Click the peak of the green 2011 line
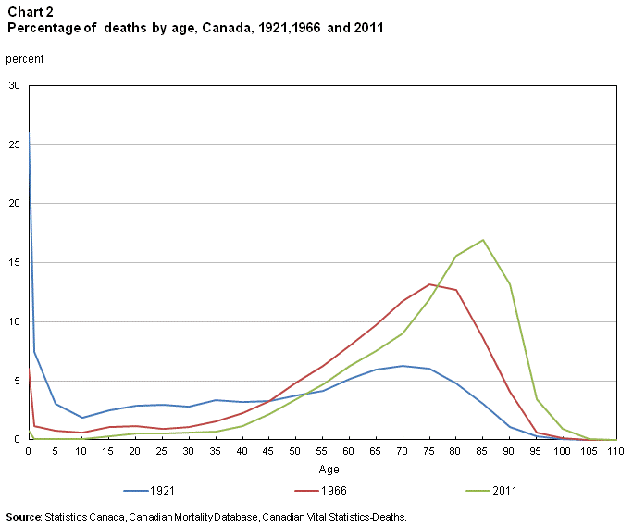482,240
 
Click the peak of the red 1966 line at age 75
428,284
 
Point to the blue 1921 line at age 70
402,366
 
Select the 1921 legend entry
148,491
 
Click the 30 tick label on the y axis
14,85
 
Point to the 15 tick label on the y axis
14,263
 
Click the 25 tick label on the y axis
14,144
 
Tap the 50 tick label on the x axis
295,451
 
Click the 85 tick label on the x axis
482,451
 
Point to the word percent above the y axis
25,59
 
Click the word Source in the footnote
23,516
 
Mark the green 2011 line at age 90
509,283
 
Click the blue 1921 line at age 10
82,418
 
